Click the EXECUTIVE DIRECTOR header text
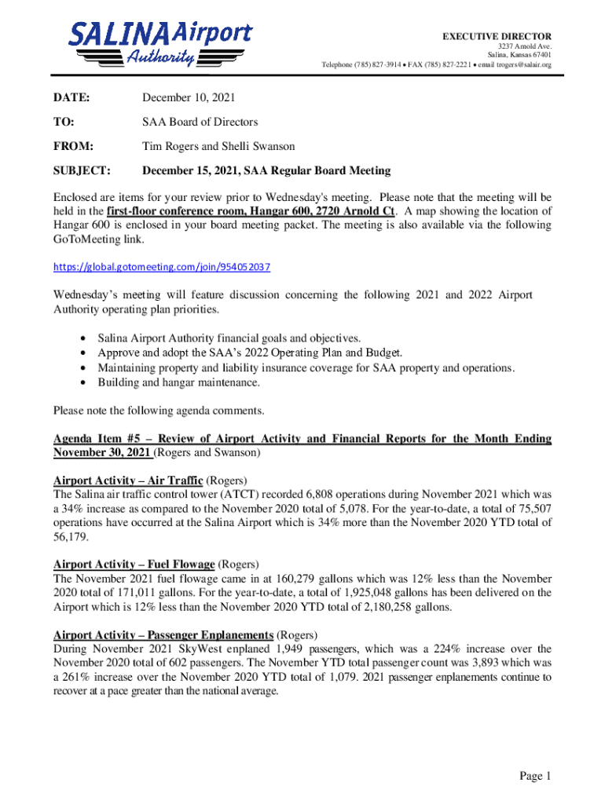(x=497, y=36)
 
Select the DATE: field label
(x=71, y=98)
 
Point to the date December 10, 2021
(x=188, y=98)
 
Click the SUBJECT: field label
(x=82, y=170)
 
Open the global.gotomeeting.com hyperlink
(x=162, y=267)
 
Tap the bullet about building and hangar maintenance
(x=178, y=382)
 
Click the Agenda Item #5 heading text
(x=302, y=439)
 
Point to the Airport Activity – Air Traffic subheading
(x=128, y=480)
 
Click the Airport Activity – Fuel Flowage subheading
(x=134, y=564)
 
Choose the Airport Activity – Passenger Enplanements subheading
(x=163, y=634)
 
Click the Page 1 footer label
(x=535, y=777)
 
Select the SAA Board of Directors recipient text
(x=200, y=122)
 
